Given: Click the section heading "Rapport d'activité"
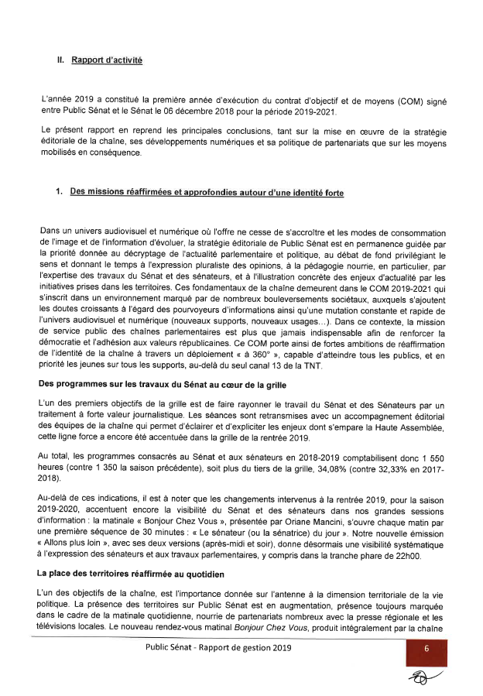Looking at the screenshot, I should point(107,60).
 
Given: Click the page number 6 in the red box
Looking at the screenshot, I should point(426,649).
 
